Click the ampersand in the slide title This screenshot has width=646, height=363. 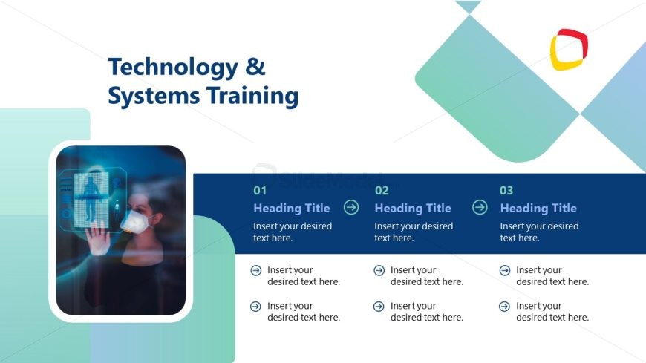[255, 67]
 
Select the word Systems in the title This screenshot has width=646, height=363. [154, 95]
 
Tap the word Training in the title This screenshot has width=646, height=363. [252, 96]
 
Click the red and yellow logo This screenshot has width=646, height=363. [569, 50]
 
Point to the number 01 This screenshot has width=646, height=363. [260, 190]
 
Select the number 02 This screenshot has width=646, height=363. [382, 190]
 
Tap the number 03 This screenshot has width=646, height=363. [506, 190]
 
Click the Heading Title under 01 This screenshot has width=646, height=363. [292, 208]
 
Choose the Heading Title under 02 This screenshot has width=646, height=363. [413, 208]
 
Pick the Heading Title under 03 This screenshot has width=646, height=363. [538, 208]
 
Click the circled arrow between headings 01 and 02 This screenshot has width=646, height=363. [351, 207]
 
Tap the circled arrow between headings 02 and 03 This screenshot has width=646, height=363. [480, 207]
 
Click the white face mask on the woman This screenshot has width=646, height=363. [136, 222]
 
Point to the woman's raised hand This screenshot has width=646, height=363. [98, 238]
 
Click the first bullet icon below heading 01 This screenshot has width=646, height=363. [256, 270]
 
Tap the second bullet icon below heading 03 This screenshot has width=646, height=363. [504, 307]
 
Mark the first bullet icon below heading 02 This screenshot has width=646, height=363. [379, 270]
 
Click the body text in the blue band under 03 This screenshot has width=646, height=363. [539, 232]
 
